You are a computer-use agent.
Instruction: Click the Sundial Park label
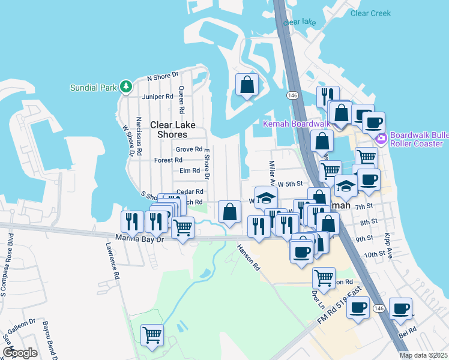coord(93,88)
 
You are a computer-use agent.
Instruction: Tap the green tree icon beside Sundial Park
coord(126,87)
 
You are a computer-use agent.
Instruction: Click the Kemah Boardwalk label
coord(297,124)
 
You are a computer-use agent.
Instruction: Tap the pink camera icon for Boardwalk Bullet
coord(381,139)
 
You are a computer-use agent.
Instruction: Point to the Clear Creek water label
coord(370,13)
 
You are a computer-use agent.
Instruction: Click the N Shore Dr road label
coord(163,77)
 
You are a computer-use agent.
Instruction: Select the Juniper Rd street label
coord(157,97)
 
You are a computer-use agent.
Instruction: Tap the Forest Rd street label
coord(168,160)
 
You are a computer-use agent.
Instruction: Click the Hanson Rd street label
coord(247,256)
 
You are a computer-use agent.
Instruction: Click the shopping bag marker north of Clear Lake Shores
coord(247,85)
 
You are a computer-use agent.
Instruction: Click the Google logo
coord(20,353)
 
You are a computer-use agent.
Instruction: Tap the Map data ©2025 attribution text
coord(423,355)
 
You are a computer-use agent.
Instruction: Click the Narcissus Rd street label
coord(139,136)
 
